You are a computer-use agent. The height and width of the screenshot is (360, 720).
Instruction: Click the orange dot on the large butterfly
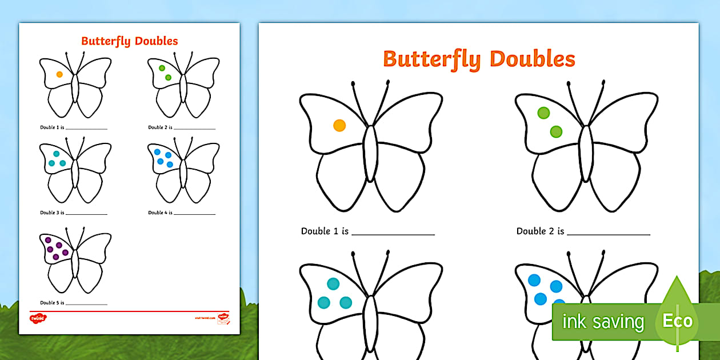point(339,125)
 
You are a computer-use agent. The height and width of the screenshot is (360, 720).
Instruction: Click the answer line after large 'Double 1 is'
point(393,234)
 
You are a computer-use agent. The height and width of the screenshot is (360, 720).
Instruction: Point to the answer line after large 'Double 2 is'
point(609,234)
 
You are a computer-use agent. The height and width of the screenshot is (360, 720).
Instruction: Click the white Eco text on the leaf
point(677,321)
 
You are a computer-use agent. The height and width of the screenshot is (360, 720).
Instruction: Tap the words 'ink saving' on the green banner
point(603,322)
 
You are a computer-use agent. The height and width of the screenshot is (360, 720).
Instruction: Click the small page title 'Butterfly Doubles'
point(129,41)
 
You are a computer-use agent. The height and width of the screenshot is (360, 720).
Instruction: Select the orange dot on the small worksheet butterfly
point(59,74)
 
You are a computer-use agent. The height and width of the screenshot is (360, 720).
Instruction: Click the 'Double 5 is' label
point(52,303)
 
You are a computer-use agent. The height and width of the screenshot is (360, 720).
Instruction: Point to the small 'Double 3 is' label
point(52,213)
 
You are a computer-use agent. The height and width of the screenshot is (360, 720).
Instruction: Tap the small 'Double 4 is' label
point(160,213)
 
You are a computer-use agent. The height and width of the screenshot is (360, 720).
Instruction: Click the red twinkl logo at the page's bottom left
point(38,318)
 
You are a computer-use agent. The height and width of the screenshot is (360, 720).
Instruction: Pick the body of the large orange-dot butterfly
point(371,153)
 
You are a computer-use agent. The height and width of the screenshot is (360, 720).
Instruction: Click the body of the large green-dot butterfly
point(586,153)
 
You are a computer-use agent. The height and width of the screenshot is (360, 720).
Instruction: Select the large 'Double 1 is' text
point(325,231)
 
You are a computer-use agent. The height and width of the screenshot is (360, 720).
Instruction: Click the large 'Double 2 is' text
point(540,231)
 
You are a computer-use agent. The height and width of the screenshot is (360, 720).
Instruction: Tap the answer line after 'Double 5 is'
point(86,305)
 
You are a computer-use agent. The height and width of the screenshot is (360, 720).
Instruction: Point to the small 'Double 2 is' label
point(160,127)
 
